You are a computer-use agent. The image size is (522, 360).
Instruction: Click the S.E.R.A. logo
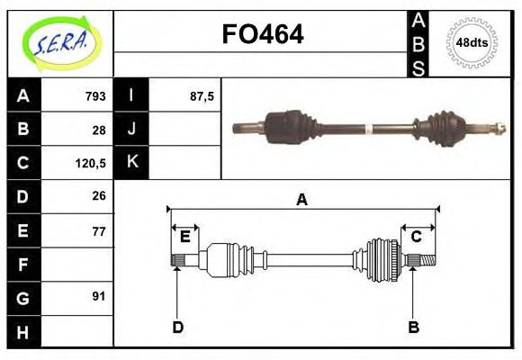click(60, 42)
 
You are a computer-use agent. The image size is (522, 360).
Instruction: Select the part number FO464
click(263, 34)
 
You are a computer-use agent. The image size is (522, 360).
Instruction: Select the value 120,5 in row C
click(92, 163)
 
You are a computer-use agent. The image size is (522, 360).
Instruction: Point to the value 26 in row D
click(99, 196)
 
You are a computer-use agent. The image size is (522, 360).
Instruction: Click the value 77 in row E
click(99, 230)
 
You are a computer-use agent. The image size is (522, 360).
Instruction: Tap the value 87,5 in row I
click(202, 95)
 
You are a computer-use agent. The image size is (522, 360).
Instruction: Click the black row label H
click(23, 331)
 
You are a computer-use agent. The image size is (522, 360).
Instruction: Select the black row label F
click(23, 264)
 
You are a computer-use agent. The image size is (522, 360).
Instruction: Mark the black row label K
click(132, 163)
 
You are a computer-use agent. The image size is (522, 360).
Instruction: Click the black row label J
click(132, 129)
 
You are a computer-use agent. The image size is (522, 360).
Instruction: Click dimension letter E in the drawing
click(184, 238)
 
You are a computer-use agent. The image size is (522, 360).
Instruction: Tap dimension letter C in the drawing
click(417, 238)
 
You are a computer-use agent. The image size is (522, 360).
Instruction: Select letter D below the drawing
click(177, 327)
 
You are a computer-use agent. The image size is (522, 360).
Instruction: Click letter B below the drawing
click(413, 327)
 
